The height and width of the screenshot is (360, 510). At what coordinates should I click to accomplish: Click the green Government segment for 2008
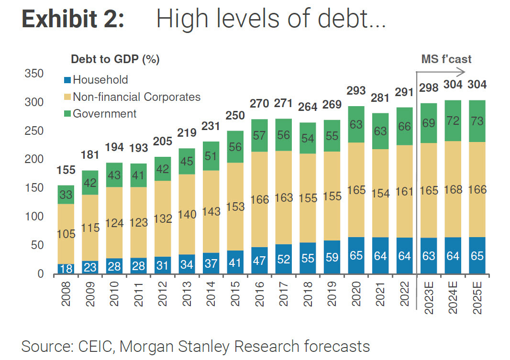coord(67,195)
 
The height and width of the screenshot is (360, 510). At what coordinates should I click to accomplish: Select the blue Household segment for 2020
coord(356,256)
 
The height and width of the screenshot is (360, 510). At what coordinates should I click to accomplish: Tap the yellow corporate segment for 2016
coord(259,199)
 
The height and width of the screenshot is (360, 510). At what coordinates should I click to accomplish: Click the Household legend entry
coord(100,80)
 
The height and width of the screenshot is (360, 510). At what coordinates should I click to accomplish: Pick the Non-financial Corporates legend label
coord(136,97)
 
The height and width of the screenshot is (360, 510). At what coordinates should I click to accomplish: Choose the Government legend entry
coord(104,114)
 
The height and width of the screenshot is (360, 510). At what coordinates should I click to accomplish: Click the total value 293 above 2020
coord(356,91)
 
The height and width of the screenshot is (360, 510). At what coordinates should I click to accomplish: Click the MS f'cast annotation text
coord(446,59)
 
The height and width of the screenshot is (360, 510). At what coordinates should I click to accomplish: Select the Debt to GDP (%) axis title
coord(115,59)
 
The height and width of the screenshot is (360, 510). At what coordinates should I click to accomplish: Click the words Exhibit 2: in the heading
coord(73,20)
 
